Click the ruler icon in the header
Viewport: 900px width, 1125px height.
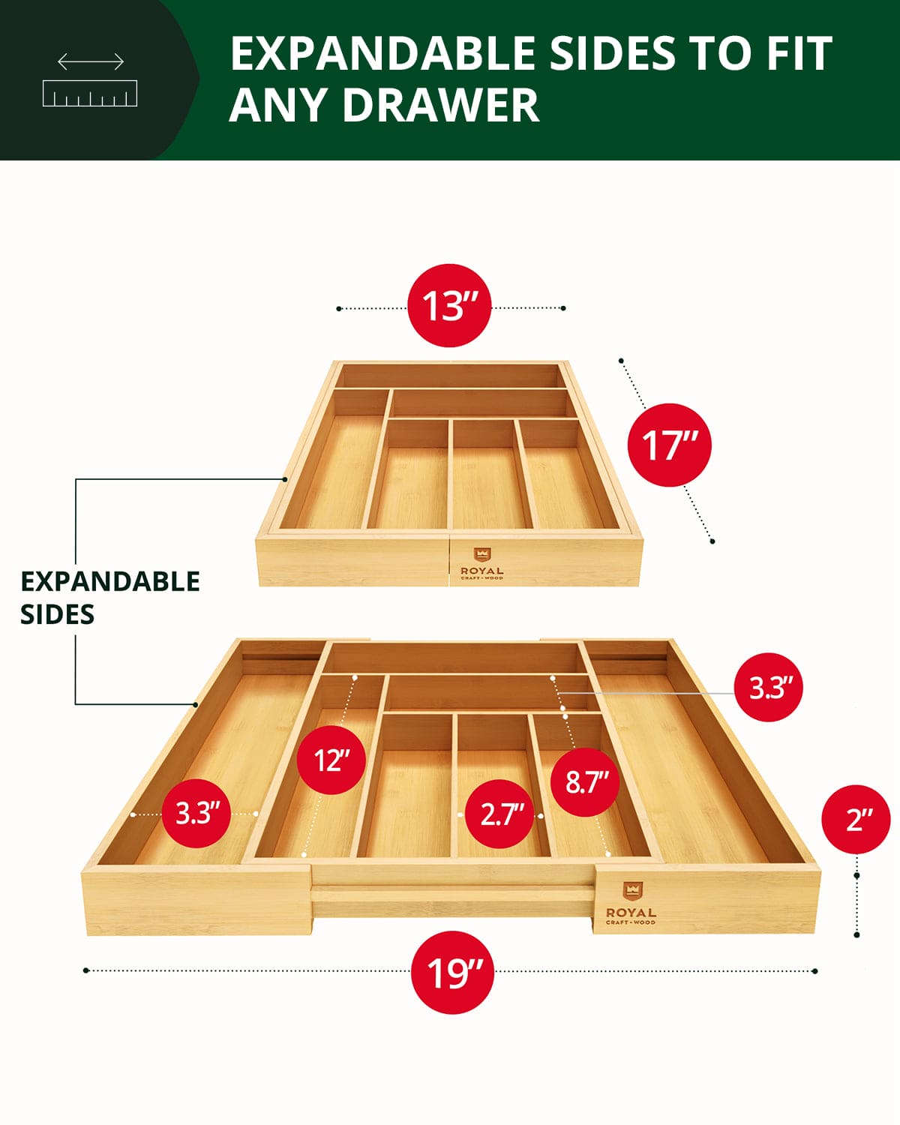(x=90, y=93)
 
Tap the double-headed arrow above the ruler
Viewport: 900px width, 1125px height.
(x=91, y=61)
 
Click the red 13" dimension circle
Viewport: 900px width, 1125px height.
(x=449, y=305)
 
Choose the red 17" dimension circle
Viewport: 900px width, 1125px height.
(x=668, y=445)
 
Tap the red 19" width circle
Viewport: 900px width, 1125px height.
(x=452, y=973)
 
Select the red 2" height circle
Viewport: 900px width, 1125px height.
(x=856, y=820)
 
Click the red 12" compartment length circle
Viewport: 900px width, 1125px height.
(x=331, y=760)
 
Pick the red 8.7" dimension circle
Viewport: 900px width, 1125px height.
(x=586, y=782)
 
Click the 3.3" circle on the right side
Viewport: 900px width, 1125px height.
(x=767, y=688)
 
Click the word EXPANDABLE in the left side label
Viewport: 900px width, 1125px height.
(x=110, y=581)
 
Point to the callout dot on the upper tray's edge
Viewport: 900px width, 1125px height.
(x=286, y=478)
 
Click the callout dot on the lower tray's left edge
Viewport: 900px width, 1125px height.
(x=195, y=704)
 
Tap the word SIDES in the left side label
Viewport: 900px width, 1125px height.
(x=57, y=614)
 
